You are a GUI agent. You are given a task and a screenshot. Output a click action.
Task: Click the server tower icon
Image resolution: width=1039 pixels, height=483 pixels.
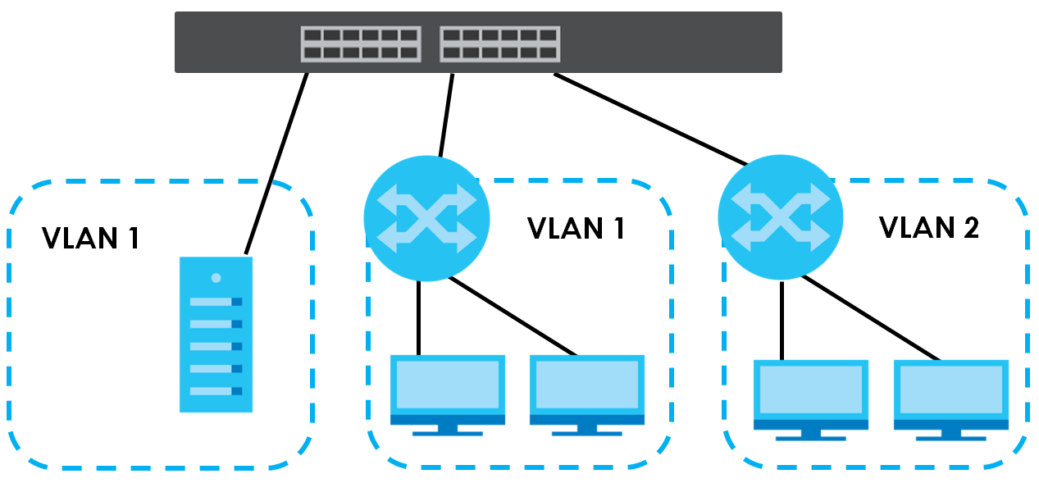[x=216, y=334]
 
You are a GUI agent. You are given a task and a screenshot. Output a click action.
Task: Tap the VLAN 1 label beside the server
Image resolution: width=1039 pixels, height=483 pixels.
[x=90, y=238]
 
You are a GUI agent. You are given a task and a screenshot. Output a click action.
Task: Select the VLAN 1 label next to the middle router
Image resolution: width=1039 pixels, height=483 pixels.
[x=576, y=228]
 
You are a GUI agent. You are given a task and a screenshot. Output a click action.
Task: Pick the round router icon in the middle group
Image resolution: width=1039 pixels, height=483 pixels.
[x=426, y=219]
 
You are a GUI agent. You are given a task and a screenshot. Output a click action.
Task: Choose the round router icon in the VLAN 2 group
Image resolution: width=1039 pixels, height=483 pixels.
[x=781, y=219]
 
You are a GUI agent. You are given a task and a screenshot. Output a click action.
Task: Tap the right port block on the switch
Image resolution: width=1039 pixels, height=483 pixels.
[x=499, y=44]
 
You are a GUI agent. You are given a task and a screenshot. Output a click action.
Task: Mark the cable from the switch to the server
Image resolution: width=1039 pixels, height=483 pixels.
[x=276, y=163]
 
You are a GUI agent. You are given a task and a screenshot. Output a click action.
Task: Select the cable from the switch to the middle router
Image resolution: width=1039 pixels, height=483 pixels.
[x=446, y=115]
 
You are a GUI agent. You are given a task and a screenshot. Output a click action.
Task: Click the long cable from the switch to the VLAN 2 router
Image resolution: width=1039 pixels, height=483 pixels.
[x=652, y=120]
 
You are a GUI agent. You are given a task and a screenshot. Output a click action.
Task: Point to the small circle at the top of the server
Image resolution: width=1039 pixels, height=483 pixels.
[x=216, y=278]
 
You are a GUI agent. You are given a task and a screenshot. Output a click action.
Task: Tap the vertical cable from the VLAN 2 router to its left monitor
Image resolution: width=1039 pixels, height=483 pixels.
[x=781, y=320]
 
